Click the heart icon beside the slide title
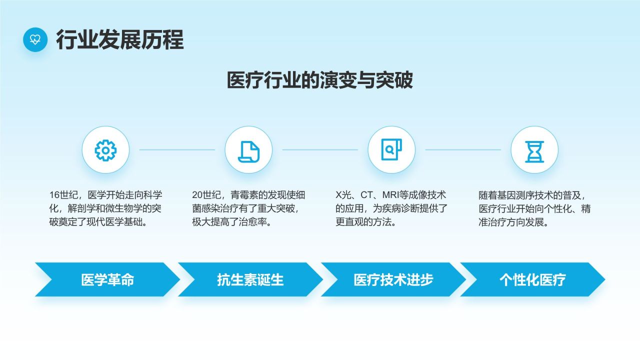click(35, 39)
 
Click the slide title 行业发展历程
click(119, 39)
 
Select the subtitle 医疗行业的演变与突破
click(319, 80)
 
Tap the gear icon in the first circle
click(105, 150)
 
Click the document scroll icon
click(248, 151)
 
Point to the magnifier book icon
click(391, 149)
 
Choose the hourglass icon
click(534, 151)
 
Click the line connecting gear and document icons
click(177, 149)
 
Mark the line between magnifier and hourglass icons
click(463, 149)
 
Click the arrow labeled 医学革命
click(107, 279)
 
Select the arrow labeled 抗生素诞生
click(250, 279)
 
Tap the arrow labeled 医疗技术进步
click(393, 279)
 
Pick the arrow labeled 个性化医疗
click(532, 279)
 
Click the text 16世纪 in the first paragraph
click(63, 195)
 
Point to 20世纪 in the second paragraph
click(206, 195)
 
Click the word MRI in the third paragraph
click(391, 195)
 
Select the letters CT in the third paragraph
click(367, 195)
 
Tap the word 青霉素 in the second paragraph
click(244, 195)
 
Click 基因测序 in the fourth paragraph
click(515, 195)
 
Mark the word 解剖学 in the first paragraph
click(81, 208)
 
